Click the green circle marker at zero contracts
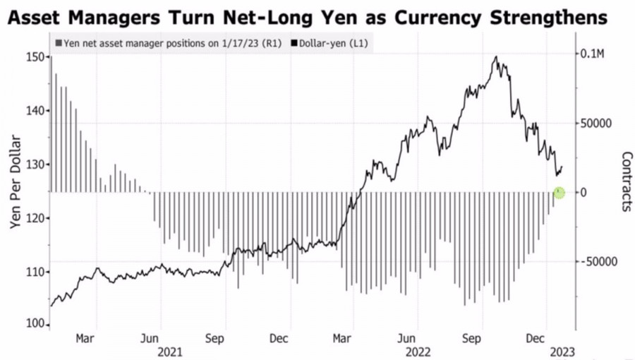coord(559,192)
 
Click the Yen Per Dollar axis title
coord(15,191)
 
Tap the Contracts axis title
coord(625,181)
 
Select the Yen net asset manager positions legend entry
coord(168,43)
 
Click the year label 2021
coord(170,351)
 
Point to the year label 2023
coord(562,351)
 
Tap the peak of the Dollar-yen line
coord(497,57)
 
